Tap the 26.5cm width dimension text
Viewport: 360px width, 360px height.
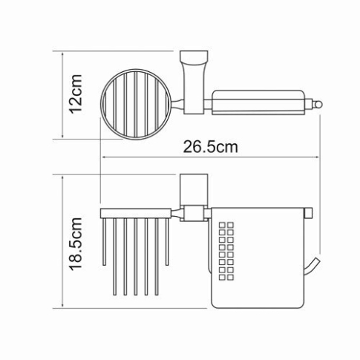tap(211, 146)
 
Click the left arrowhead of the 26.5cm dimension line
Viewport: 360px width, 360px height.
tap(102, 157)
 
